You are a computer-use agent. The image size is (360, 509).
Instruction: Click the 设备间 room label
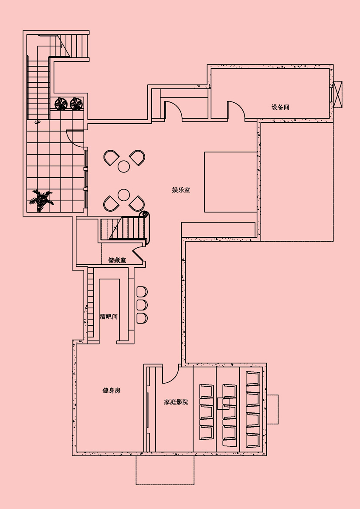280,107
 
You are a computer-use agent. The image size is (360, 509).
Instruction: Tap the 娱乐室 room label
181,190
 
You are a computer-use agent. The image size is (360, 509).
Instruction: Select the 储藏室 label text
117,260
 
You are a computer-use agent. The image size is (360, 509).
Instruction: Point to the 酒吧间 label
109,317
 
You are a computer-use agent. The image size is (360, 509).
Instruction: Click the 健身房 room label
112,391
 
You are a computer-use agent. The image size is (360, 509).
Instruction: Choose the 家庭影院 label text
176,402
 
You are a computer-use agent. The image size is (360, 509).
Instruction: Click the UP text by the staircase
37,122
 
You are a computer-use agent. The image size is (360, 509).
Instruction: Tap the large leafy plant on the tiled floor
41,201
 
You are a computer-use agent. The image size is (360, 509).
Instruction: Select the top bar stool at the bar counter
142,292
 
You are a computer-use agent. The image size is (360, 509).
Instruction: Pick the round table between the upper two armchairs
124,166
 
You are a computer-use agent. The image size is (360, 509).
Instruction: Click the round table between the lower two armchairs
124,195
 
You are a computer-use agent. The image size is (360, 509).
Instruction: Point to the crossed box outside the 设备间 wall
338,94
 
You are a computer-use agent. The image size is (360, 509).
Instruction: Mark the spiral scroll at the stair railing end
145,215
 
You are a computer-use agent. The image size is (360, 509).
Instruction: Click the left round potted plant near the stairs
61,104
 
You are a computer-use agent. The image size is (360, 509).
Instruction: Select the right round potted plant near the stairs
76,104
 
